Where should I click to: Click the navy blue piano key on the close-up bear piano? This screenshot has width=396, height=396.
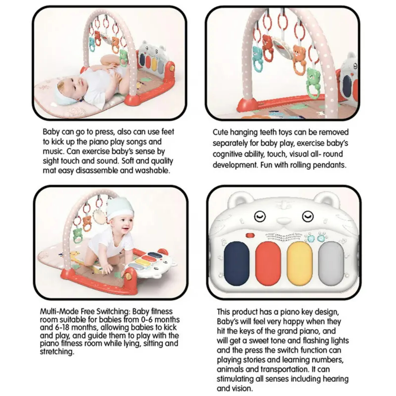(236, 263)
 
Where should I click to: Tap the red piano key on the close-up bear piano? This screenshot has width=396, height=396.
(268, 263)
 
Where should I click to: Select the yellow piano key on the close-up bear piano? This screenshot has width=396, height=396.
(299, 263)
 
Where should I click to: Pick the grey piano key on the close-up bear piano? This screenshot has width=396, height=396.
(331, 263)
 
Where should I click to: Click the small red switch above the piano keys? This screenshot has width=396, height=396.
(250, 235)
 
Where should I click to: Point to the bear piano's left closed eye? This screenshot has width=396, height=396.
(260, 217)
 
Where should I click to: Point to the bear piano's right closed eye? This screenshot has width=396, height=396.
(308, 217)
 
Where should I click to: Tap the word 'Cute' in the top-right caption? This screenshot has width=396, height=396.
(220, 132)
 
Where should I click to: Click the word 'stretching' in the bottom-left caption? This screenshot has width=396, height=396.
(57, 352)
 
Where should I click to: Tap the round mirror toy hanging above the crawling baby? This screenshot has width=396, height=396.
(99, 215)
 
